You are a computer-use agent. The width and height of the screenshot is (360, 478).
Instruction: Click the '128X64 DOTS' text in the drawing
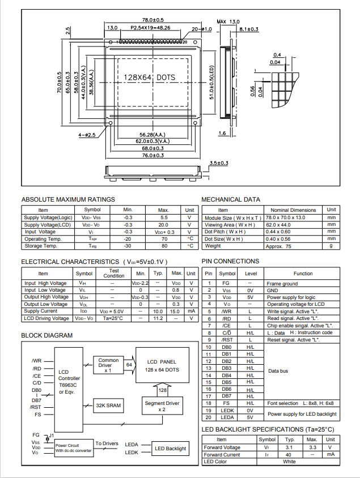[x=150, y=77]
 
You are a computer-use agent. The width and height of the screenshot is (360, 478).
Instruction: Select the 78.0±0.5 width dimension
[x=153, y=21]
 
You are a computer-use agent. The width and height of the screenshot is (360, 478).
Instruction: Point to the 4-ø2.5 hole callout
[x=87, y=135]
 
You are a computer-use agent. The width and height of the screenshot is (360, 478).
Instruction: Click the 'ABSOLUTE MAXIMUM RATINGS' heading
[x=68, y=199]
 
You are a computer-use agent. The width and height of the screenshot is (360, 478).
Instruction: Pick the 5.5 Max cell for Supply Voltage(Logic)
[x=164, y=217]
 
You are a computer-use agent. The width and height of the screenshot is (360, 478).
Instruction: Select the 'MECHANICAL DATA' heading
[x=231, y=199]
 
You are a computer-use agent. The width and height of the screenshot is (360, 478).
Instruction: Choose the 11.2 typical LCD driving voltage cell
[x=158, y=318]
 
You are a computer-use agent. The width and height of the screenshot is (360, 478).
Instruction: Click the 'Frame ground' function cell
[x=282, y=283]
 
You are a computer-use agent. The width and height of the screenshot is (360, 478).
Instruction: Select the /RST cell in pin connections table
[x=227, y=340]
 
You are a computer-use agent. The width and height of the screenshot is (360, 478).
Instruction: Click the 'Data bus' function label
[x=278, y=371]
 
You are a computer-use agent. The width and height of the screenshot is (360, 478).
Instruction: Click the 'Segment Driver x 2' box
[x=162, y=406]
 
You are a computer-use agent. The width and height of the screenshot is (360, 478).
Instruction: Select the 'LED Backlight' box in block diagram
[x=171, y=449]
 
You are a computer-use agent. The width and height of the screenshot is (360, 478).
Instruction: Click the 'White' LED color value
[x=290, y=462]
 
